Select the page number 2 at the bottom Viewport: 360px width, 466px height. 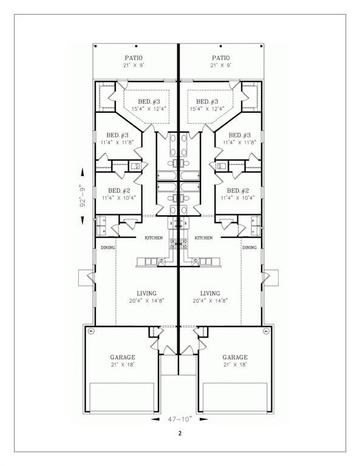[180, 433]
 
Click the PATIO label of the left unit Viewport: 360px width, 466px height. [134, 58]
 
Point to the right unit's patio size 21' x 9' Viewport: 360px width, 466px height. [222, 65]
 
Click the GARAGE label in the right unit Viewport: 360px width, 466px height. [235, 357]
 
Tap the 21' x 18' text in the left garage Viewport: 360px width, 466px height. [122, 366]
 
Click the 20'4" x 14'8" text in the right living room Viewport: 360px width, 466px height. [210, 300]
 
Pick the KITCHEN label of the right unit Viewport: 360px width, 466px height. [203, 238]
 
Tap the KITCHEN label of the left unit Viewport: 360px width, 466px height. [153, 238]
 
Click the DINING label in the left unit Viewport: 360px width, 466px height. [108, 248]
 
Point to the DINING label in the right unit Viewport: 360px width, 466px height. [249, 248]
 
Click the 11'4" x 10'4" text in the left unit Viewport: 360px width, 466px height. [118, 198]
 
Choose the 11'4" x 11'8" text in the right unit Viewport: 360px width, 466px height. [239, 142]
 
